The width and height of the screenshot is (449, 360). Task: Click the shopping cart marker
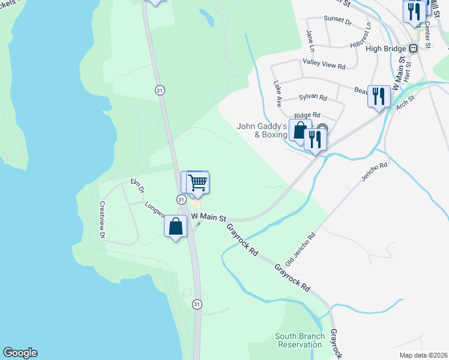pyautogui.click(x=197, y=183)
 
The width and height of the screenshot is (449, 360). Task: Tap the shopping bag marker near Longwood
pyautogui.click(x=175, y=227)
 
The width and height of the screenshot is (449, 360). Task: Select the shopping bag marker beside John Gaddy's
pyautogui.click(x=300, y=130)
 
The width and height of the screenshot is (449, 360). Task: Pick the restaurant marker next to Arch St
pyautogui.click(x=379, y=96)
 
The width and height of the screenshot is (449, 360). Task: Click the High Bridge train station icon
pyautogui.click(x=414, y=48)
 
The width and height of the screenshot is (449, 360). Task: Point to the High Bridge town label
pyautogui.click(x=386, y=49)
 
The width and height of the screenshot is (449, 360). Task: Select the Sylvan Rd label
pyautogui.click(x=313, y=97)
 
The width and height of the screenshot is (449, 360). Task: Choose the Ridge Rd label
pyautogui.click(x=307, y=115)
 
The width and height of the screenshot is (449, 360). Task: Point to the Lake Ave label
pyautogui.click(x=278, y=94)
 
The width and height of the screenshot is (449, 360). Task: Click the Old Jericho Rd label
pyautogui.click(x=300, y=250)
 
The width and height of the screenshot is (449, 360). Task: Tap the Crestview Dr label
pyautogui.click(x=102, y=220)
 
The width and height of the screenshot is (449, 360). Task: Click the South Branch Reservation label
pyautogui.click(x=300, y=340)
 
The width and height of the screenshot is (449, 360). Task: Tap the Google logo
pyautogui.click(x=20, y=353)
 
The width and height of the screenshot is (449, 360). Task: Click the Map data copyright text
pyautogui.click(x=424, y=355)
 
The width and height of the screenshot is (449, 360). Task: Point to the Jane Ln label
pyautogui.click(x=310, y=40)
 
